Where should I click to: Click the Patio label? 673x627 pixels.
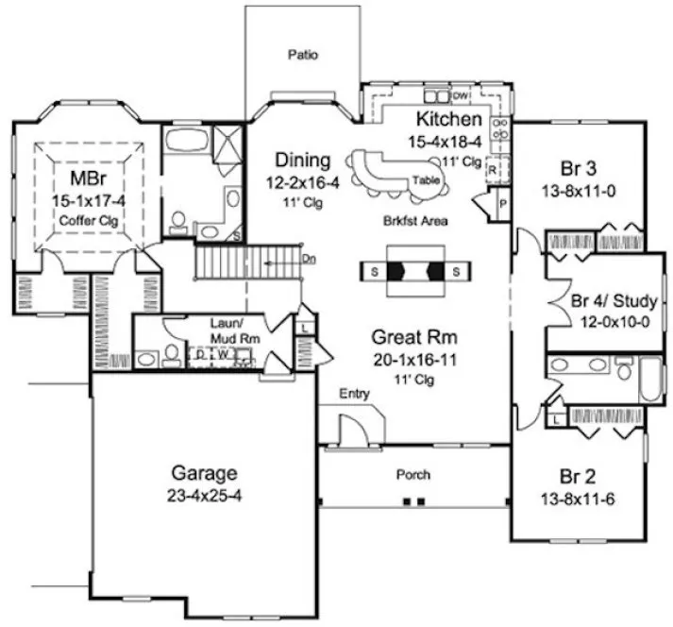pos(302,55)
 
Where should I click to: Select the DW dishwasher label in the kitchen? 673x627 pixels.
pos(461,97)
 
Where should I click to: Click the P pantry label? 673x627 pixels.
pos(502,203)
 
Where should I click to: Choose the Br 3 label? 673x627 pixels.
pos(578,169)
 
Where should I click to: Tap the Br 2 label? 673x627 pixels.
pos(578,477)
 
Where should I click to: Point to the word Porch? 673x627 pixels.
pos(412,474)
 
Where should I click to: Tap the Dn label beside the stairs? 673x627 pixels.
pos(310,257)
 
